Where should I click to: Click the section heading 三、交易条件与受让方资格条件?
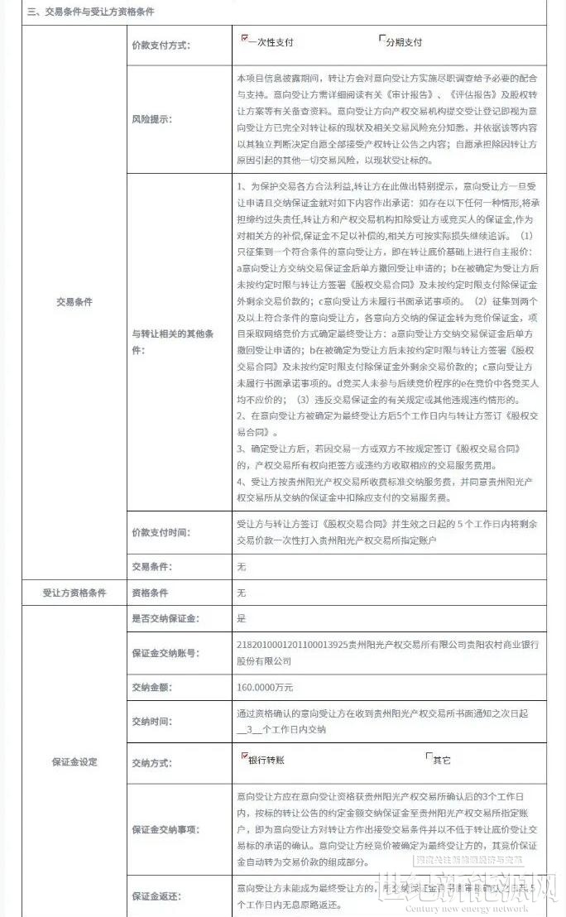(91, 12)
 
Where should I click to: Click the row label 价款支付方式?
(161, 45)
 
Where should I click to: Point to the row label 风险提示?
(151, 119)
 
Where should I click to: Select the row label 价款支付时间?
(161, 532)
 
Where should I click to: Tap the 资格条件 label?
(150, 593)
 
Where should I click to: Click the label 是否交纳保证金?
(165, 618)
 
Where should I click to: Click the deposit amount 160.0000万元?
(265, 687)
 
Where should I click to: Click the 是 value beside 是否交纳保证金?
(242, 618)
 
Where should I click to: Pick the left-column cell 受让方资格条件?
(74, 593)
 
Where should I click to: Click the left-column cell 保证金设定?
(74, 761)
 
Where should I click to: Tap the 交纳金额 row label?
(151, 687)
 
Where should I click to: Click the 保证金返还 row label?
(156, 896)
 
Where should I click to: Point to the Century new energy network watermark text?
(468, 908)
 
